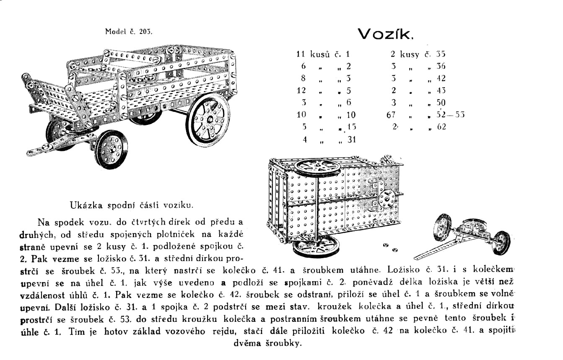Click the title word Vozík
point(385,34)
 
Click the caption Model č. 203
point(129,31)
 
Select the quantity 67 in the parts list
point(391,114)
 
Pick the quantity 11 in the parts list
point(301,54)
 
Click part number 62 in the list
point(441,127)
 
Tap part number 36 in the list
point(440,66)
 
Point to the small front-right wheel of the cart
point(111,148)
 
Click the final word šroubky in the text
point(285,343)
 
